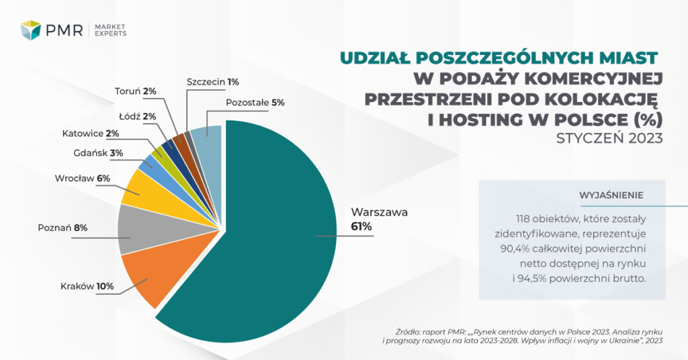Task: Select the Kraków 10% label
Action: point(85,287)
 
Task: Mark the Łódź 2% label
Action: point(142,116)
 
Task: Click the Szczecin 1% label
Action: point(213,81)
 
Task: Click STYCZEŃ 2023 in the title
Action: point(609,139)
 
